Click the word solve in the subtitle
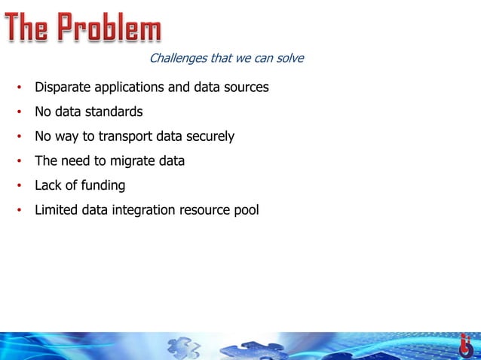coord(288,58)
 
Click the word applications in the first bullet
coord(128,87)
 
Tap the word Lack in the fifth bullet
coord(47,185)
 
